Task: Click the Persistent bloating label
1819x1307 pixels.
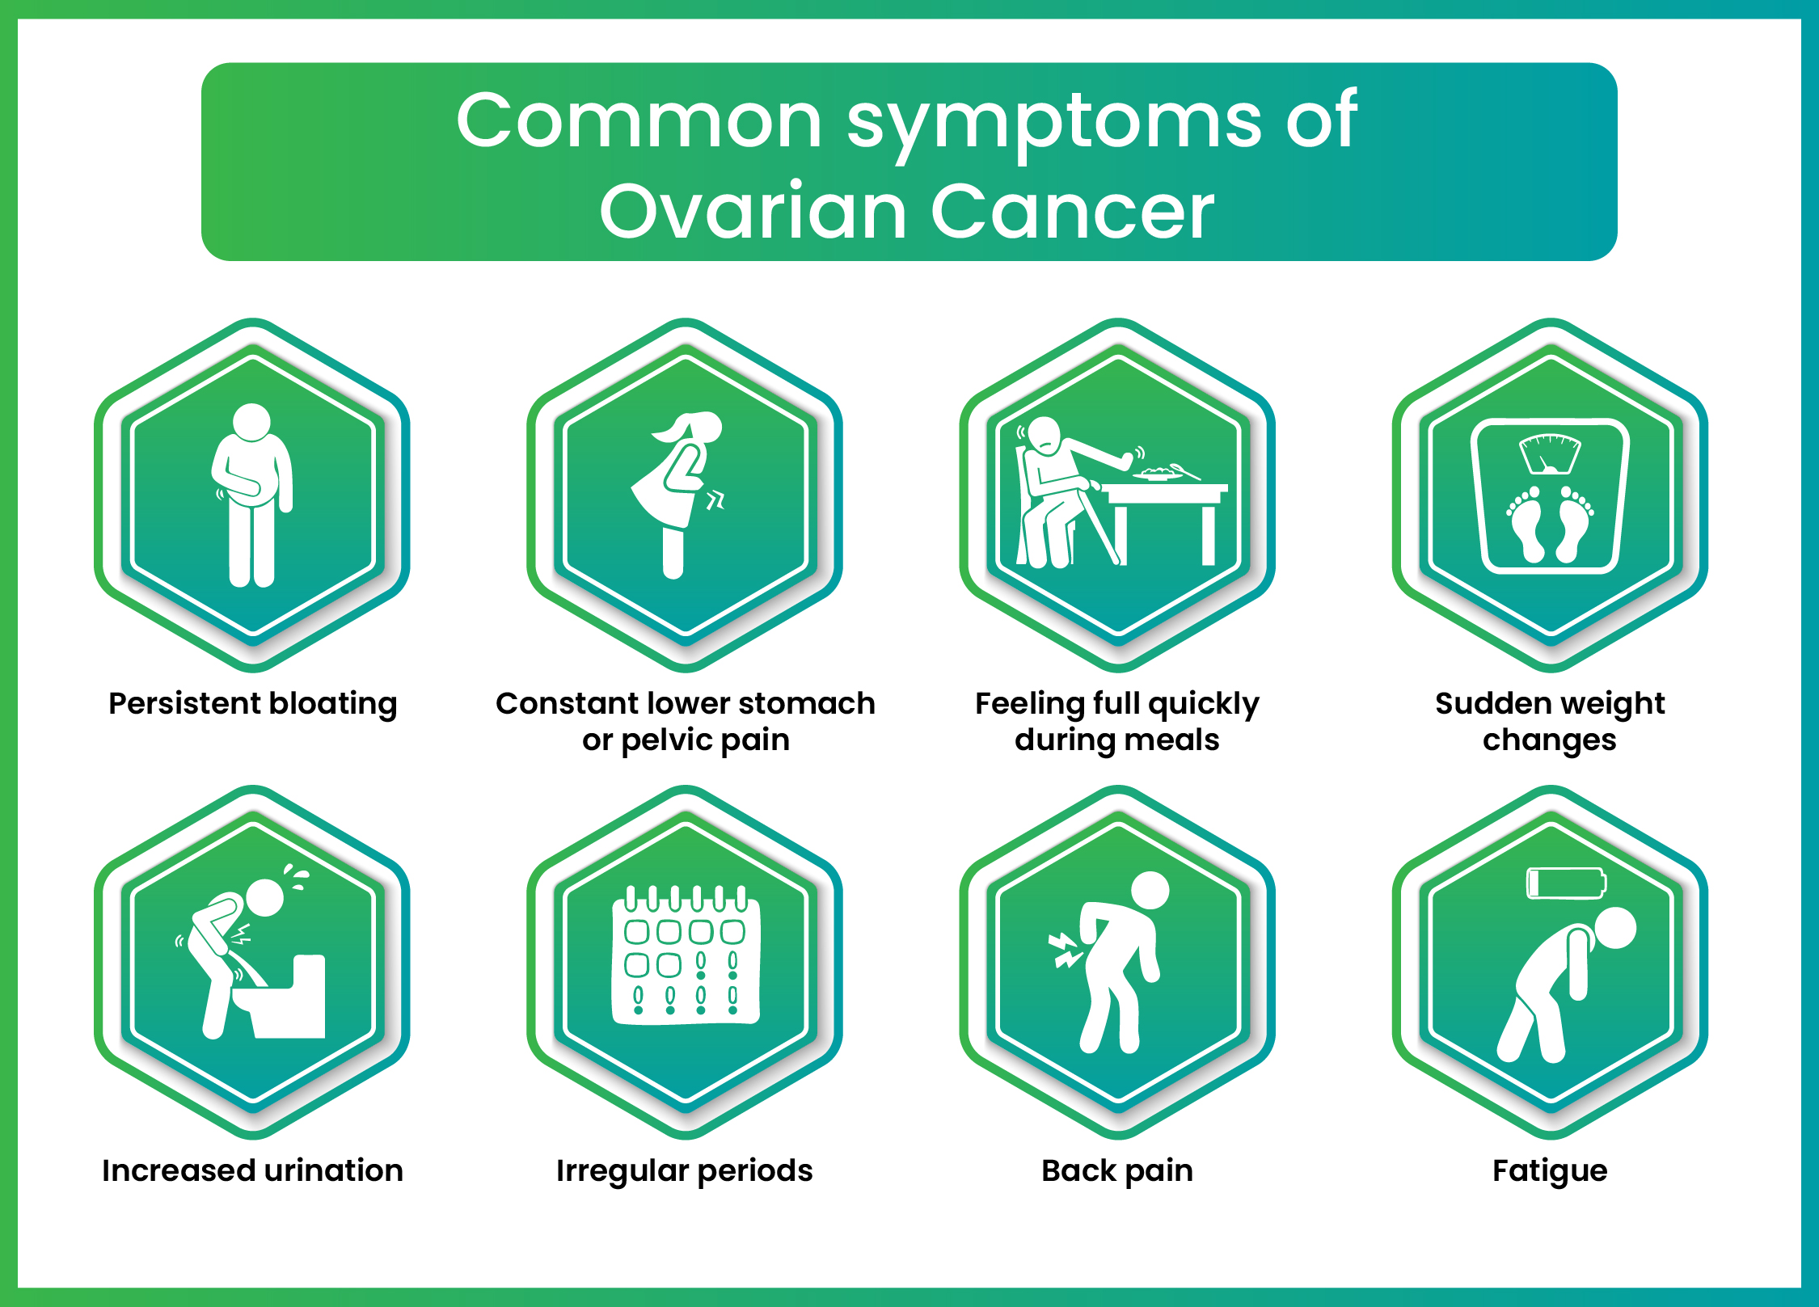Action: tap(252, 703)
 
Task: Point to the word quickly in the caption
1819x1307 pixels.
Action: tap(1204, 704)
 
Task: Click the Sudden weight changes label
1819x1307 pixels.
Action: tap(1549, 721)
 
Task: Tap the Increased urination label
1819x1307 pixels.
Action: tap(252, 1170)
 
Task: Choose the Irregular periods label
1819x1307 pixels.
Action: tap(684, 1170)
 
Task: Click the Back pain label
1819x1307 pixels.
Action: tap(1116, 1170)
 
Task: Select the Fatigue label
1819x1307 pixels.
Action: tap(1549, 1170)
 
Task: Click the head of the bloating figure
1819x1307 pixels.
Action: tap(251, 422)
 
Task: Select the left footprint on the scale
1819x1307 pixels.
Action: tap(1526, 525)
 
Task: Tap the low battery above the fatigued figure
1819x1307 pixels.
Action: tap(1565, 883)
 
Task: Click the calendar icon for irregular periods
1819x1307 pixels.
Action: tap(686, 958)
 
